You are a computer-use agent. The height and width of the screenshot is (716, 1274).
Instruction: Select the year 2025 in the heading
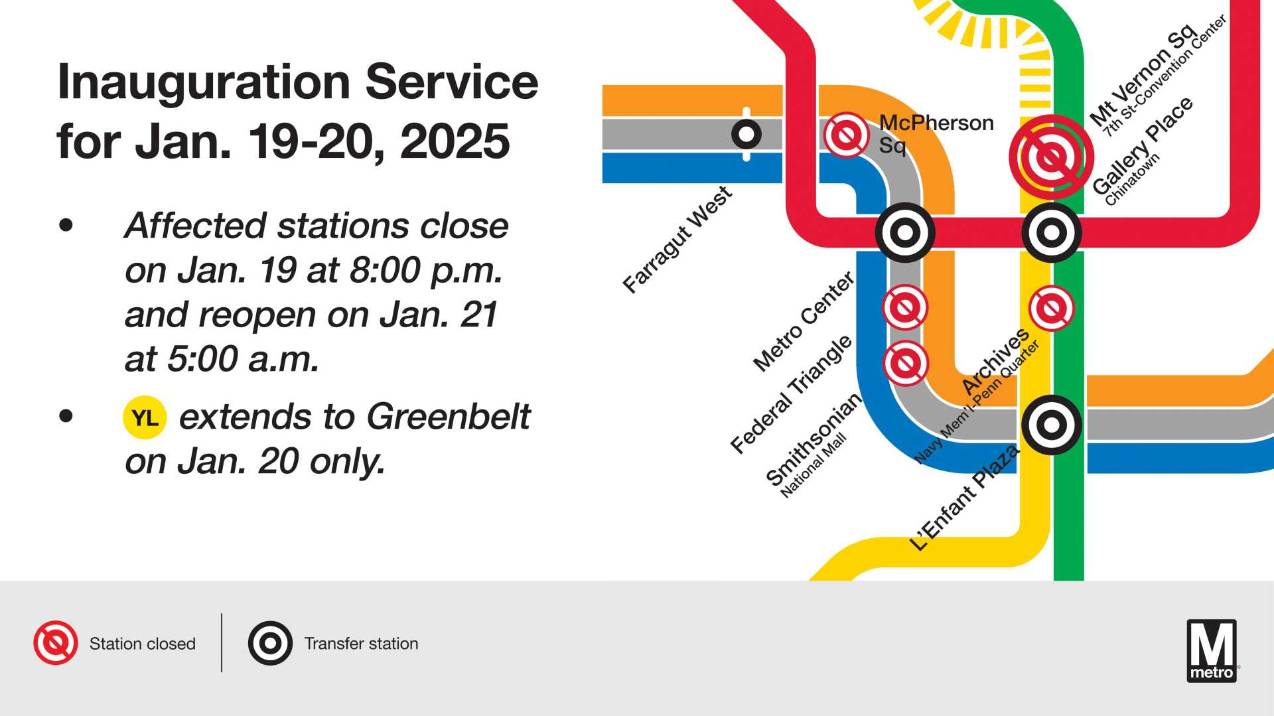455,141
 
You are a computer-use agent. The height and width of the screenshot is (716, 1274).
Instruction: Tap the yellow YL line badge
145,418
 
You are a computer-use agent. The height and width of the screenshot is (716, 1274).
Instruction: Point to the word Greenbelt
449,417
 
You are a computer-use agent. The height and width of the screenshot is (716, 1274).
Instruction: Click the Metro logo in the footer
1212,651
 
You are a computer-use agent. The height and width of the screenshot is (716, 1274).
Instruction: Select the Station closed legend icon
56,643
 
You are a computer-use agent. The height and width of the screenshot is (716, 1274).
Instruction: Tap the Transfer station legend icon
270,643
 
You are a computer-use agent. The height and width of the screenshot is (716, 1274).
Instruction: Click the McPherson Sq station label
936,133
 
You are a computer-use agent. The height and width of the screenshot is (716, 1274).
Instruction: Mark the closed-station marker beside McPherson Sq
847,135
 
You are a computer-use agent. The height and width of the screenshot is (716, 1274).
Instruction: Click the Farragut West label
677,240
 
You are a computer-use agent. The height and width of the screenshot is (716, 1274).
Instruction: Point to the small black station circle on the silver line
746,134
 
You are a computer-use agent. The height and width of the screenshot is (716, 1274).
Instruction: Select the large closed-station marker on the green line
1052,157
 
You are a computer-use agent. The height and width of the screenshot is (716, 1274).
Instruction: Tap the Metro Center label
804,321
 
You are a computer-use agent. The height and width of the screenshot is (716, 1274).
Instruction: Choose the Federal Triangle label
791,394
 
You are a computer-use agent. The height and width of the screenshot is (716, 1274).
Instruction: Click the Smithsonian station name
814,439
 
